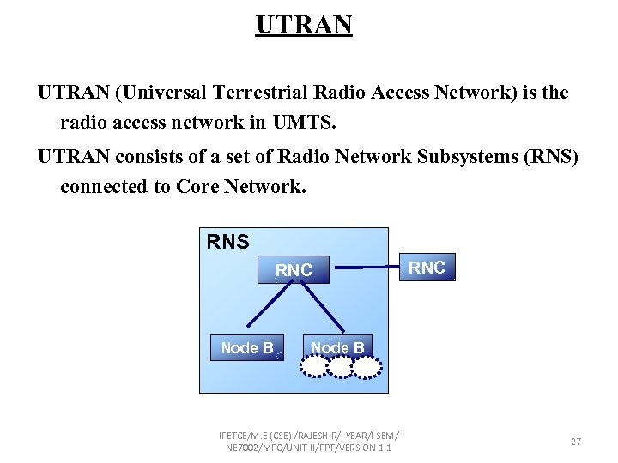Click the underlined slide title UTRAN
(x=304, y=25)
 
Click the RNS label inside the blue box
(x=228, y=243)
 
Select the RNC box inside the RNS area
(x=294, y=270)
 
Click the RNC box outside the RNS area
(x=427, y=268)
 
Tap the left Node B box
(x=247, y=347)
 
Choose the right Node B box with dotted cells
(x=337, y=346)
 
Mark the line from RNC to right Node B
(x=323, y=308)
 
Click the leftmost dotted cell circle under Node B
(x=314, y=367)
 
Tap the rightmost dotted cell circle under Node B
(x=367, y=367)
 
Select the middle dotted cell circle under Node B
(x=341, y=367)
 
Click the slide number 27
(x=575, y=442)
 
